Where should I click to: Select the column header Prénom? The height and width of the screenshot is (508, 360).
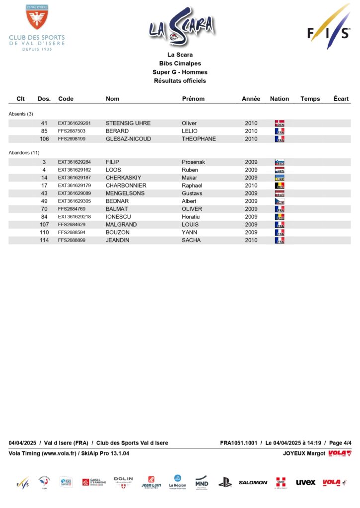(193, 99)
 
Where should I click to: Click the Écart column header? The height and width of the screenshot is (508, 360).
(341, 99)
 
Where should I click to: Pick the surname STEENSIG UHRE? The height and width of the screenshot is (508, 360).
(128, 124)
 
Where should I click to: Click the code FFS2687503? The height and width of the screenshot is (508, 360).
(72, 131)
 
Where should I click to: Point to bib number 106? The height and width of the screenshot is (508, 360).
(44, 139)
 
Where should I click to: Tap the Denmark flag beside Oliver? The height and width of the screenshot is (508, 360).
(280, 124)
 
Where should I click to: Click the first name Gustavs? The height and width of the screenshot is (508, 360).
(192, 193)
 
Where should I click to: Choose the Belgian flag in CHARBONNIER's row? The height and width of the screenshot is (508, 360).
(280, 186)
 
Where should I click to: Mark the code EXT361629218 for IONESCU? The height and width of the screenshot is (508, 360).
(74, 217)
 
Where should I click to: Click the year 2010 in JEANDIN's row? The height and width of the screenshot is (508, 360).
(251, 240)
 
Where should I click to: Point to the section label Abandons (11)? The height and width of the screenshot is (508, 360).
(24, 153)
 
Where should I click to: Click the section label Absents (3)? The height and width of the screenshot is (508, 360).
(21, 114)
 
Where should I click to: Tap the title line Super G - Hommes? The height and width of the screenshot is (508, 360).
(180, 72)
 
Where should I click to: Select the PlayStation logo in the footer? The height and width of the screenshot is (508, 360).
(225, 482)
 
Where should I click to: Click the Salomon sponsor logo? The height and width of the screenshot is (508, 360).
(253, 482)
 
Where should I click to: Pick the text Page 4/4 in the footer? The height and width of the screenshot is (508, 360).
(340, 443)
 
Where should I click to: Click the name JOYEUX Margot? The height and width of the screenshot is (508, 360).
(304, 453)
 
